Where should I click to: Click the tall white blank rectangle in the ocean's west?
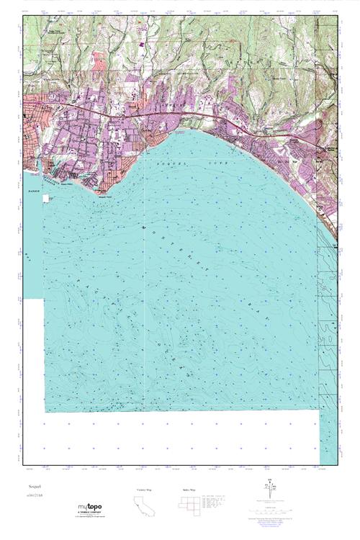[33, 353]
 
